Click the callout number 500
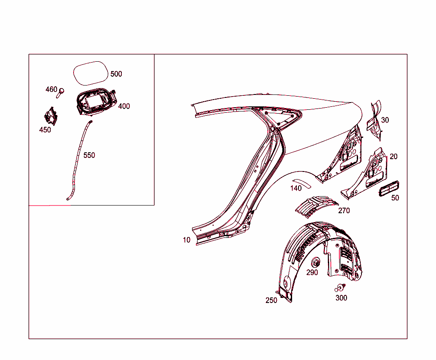tap(116, 74)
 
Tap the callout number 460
tap(51, 89)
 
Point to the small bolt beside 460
tap(61, 92)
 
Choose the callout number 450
tap(45, 130)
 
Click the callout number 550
tap(89, 155)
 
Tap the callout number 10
tap(186, 240)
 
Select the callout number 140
tap(296, 188)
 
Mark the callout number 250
tap(271, 300)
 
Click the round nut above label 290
tap(316, 261)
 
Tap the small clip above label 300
tap(340, 287)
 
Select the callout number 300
tap(341, 298)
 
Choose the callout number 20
tap(393, 157)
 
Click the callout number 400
tap(124, 106)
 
